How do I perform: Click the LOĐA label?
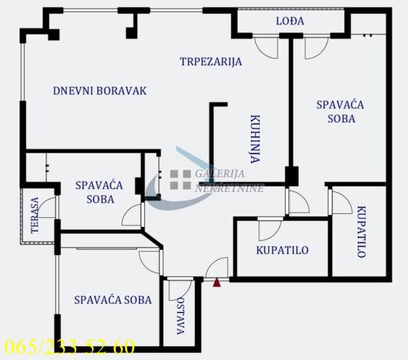tap(290, 21)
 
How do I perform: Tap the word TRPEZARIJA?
tap(211, 62)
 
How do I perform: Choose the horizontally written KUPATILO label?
tap(282, 250)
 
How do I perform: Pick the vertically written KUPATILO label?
tap(361, 231)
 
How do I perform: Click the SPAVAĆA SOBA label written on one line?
tap(113, 299)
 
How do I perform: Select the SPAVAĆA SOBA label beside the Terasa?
tap(95, 192)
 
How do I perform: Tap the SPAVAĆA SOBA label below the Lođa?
tap(340, 111)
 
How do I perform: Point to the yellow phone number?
tap(69, 348)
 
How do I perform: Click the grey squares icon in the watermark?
tap(180, 179)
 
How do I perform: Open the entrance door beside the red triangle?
tap(219, 267)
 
